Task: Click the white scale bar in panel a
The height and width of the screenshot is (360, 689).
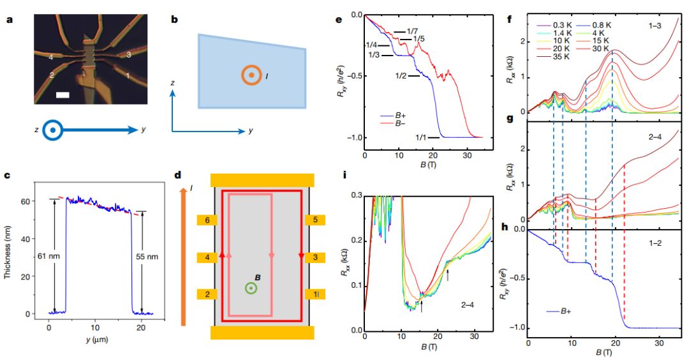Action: click(63, 96)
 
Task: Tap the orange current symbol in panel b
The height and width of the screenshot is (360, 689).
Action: click(251, 75)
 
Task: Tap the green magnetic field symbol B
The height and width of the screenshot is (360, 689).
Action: click(251, 288)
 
